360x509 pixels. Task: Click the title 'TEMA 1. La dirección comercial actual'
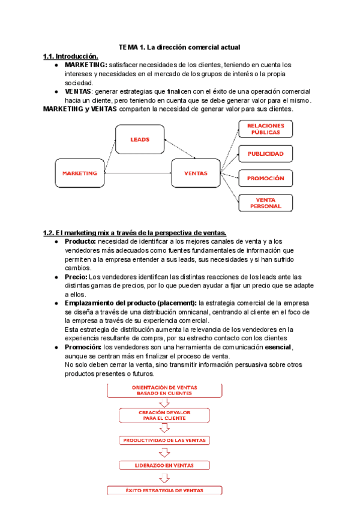pyautogui.click(x=179, y=47)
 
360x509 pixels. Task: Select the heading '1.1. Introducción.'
pyautogui.click(x=70, y=56)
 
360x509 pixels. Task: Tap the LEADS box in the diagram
pyautogui.click(x=139, y=139)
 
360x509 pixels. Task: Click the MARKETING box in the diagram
pyautogui.click(x=79, y=173)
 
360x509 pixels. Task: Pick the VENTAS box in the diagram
pyautogui.click(x=196, y=173)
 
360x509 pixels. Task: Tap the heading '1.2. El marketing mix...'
pyautogui.click(x=134, y=232)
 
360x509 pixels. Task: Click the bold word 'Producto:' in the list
pyautogui.click(x=80, y=241)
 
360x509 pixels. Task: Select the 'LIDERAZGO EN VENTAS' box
pyautogui.click(x=164, y=465)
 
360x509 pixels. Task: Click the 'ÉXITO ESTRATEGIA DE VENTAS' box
pyautogui.click(x=164, y=490)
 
